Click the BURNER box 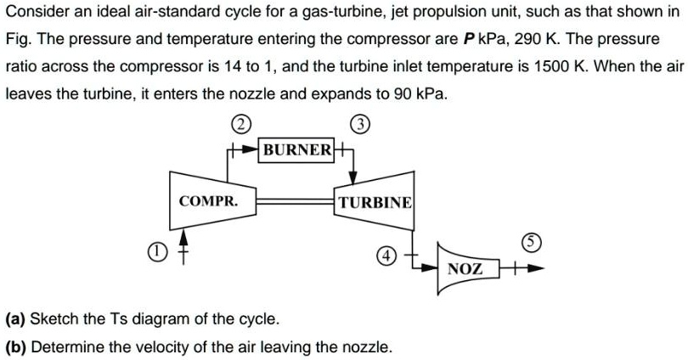pos(297,150)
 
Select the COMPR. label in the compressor pos(208,201)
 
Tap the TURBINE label pos(375,202)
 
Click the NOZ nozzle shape pos(465,268)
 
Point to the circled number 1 pos(154,251)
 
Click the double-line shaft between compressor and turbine pos(289,202)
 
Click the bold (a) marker pos(17,319)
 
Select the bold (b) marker pos(17,346)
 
